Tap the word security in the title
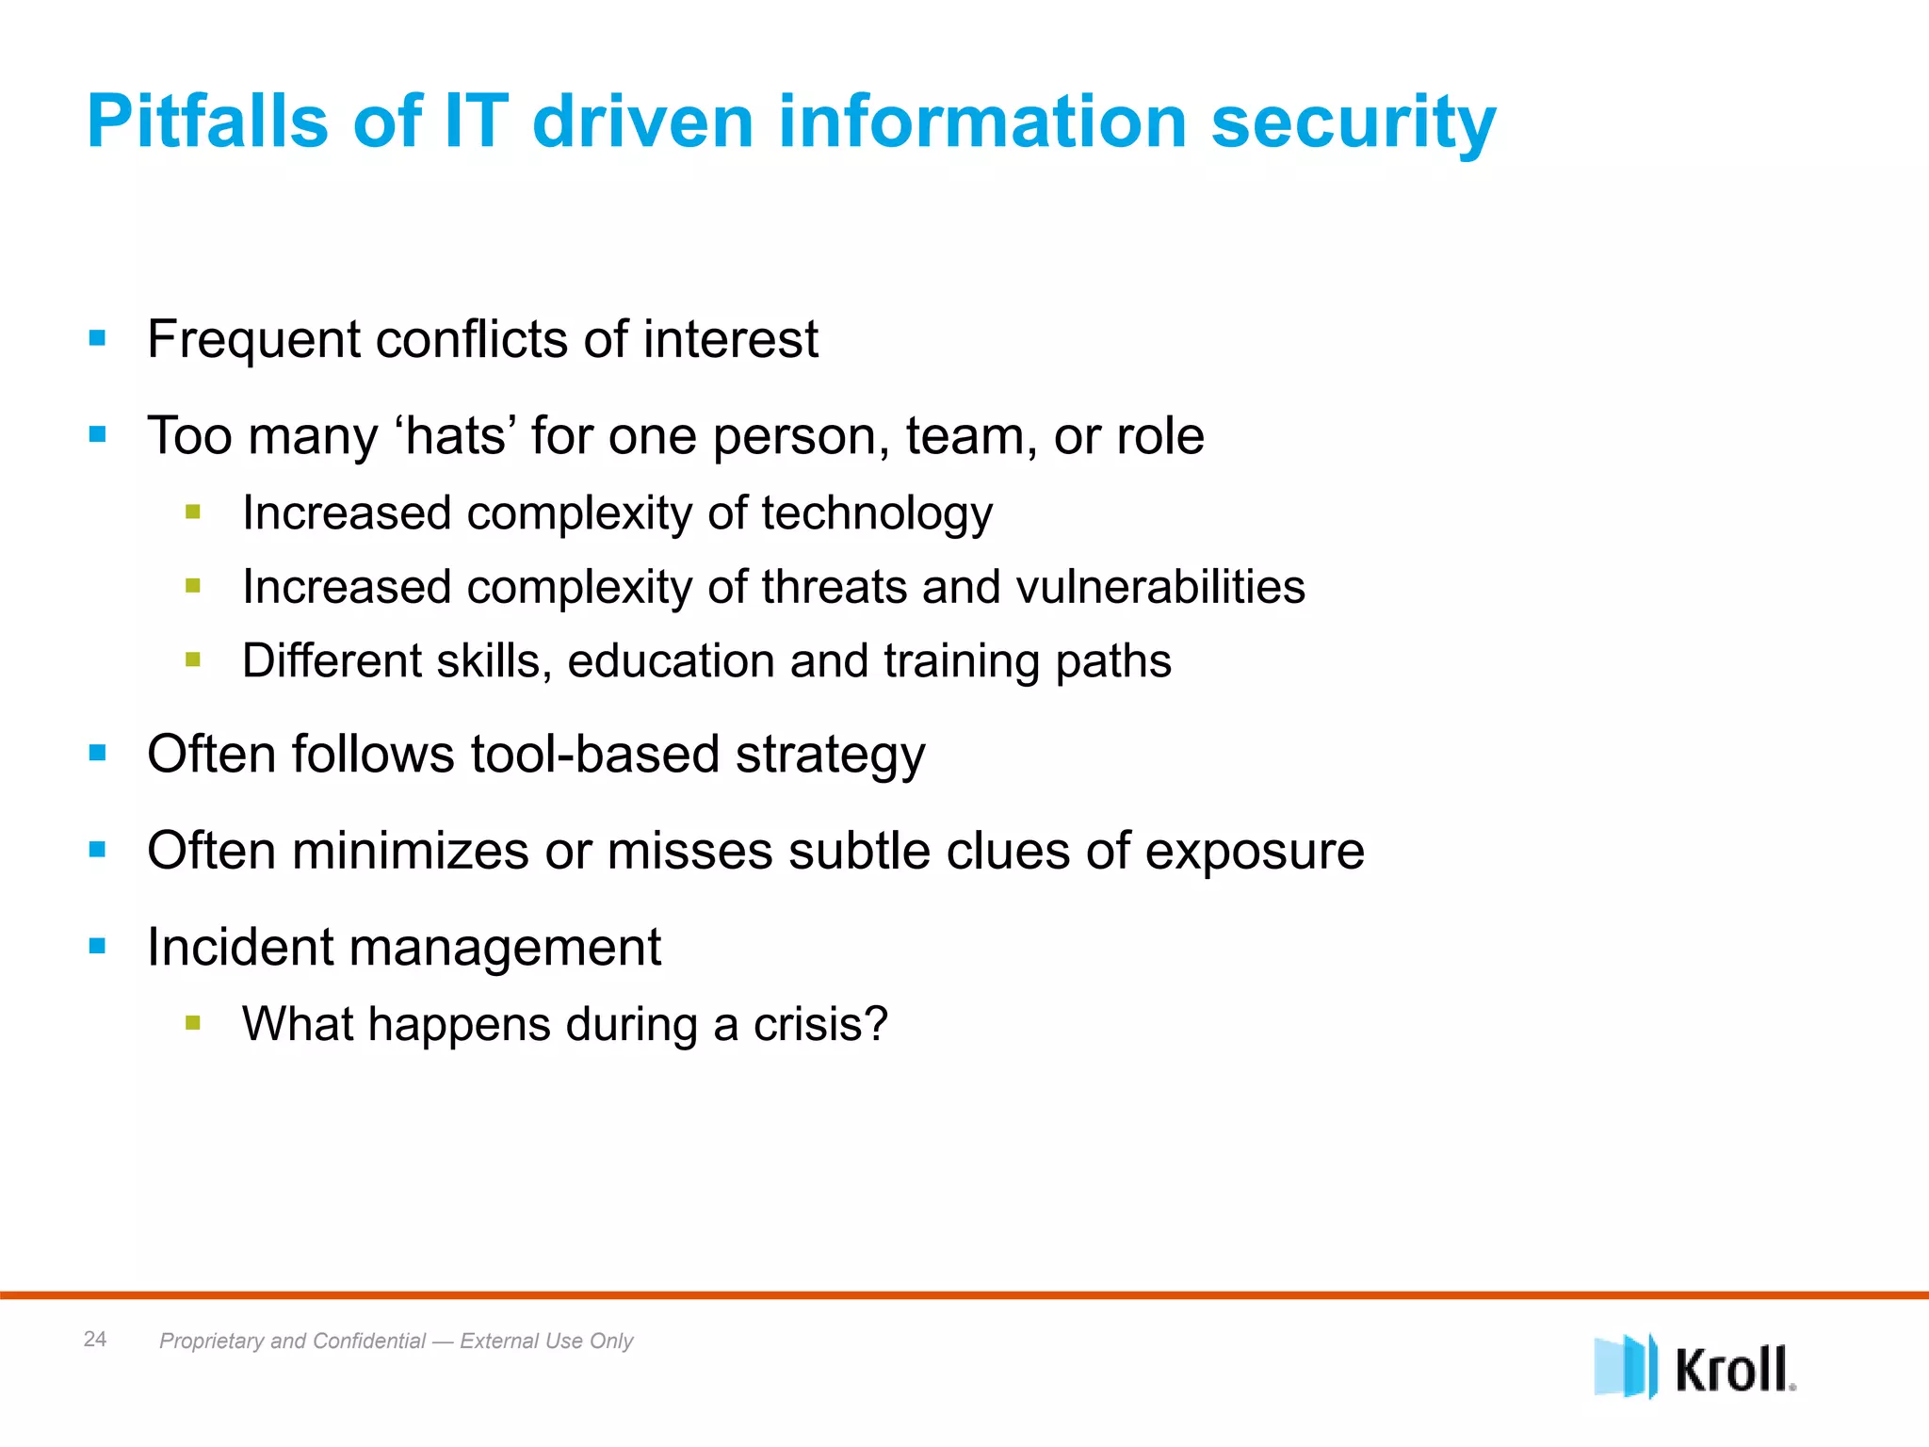click(x=1353, y=122)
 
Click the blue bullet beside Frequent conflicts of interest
click(x=97, y=337)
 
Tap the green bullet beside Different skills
click(x=193, y=659)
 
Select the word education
click(x=671, y=660)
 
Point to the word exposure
click(x=1255, y=852)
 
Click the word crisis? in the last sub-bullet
click(x=819, y=1024)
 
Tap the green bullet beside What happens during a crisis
click(x=193, y=1022)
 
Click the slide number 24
click(x=95, y=1339)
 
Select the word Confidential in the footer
click(x=369, y=1341)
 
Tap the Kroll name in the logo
click(x=1733, y=1369)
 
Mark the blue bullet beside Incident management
click(x=97, y=945)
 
